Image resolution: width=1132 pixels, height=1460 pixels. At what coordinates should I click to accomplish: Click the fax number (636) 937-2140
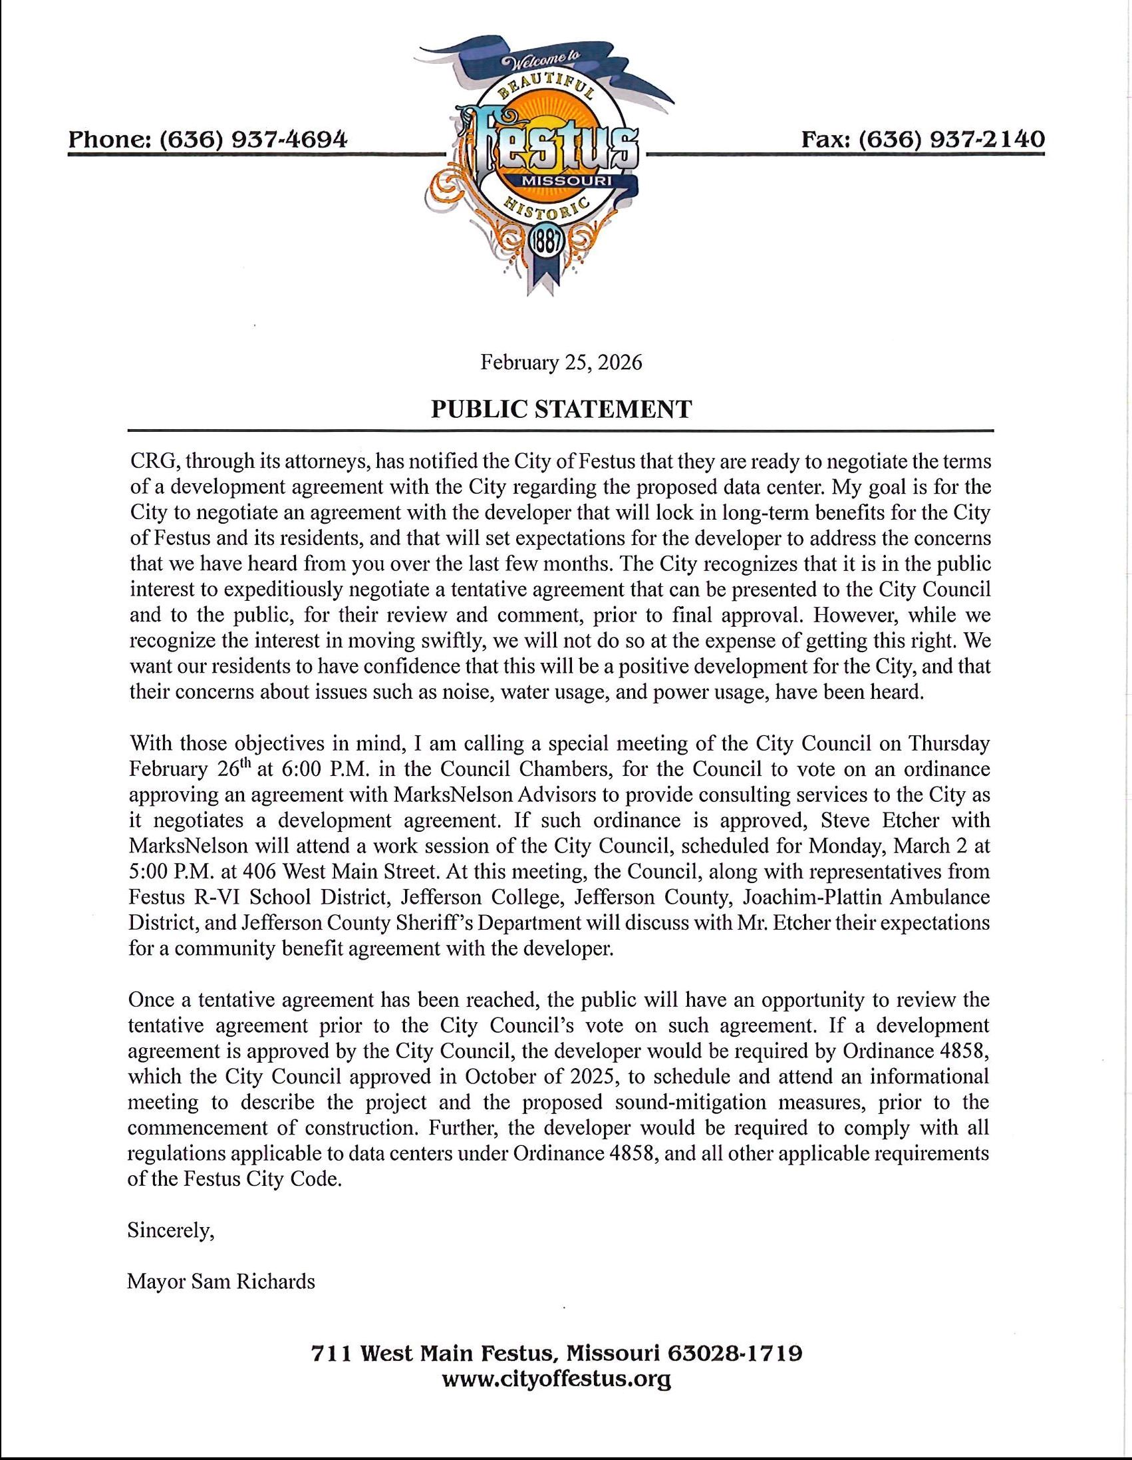(950, 139)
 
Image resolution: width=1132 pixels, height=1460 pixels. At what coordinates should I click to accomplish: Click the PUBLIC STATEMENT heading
(561, 409)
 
